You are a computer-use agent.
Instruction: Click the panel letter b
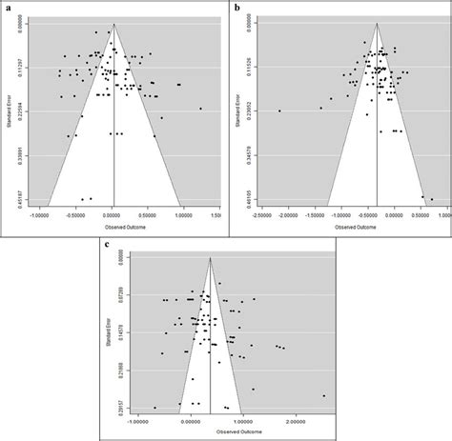tap(237, 7)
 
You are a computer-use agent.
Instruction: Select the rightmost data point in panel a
tap(201, 110)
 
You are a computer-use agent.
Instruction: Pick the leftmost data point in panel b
tap(279, 111)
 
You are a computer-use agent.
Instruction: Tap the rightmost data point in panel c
tap(324, 395)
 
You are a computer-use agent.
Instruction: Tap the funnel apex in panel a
tap(113, 23)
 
